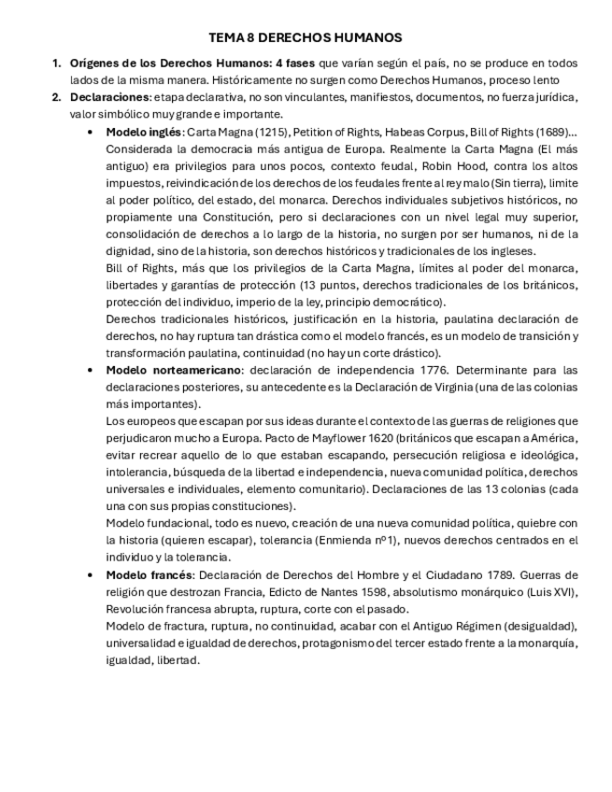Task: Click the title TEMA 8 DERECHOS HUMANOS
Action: (306, 37)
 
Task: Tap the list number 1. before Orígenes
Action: (56, 64)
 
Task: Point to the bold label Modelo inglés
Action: (143, 133)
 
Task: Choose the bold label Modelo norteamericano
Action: (173, 370)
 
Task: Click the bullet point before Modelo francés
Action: (90, 574)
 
